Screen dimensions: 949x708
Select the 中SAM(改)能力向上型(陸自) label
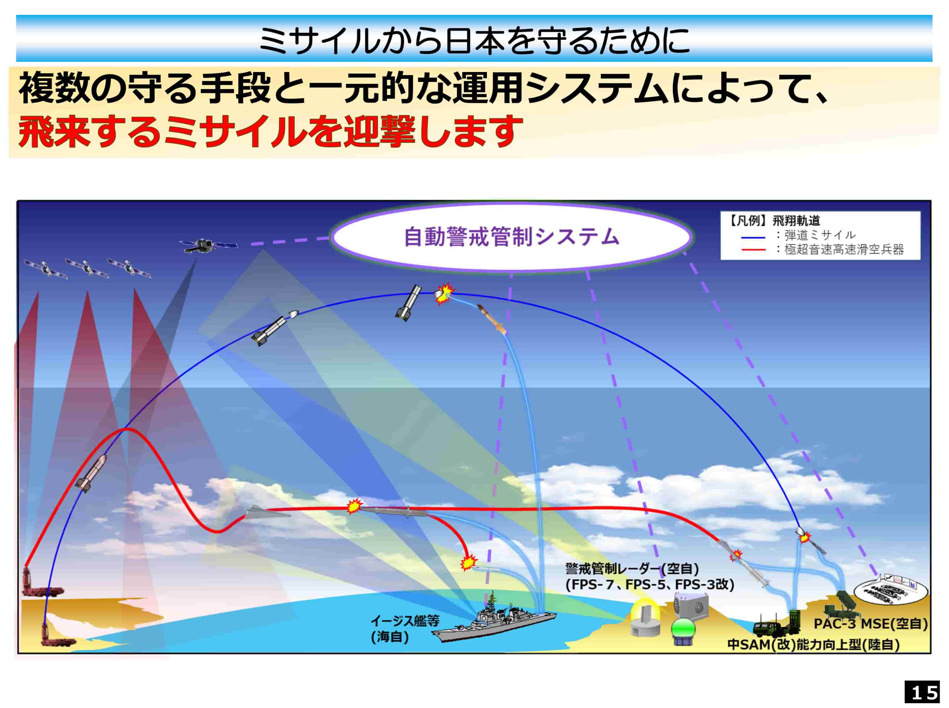[x=813, y=645]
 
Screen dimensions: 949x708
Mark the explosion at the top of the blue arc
[x=443, y=293]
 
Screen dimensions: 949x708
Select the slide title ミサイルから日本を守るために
[x=474, y=41]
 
